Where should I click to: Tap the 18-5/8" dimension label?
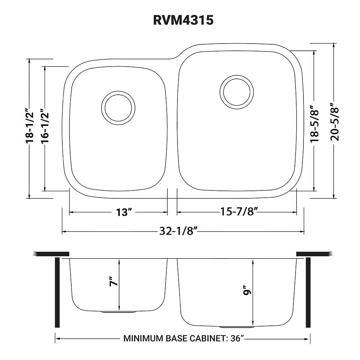(x=315, y=123)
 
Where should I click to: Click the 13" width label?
(x=122, y=212)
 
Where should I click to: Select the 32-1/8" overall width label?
(x=179, y=232)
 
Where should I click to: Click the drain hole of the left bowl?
(x=119, y=108)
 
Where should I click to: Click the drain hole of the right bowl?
(x=237, y=91)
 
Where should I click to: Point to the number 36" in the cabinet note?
(x=237, y=338)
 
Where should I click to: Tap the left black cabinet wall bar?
(x=57, y=292)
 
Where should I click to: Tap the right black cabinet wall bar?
(x=308, y=292)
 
